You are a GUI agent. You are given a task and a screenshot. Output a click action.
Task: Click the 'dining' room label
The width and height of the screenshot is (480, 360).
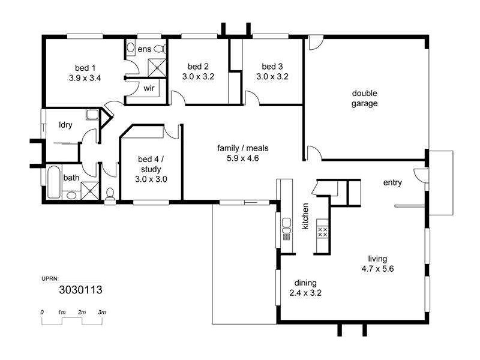(x=305, y=283)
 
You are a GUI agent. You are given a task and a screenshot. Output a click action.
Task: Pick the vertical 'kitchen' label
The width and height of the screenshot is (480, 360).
(x=305, y=217)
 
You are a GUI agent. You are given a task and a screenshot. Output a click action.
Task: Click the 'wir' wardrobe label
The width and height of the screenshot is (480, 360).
(x=149, y=89)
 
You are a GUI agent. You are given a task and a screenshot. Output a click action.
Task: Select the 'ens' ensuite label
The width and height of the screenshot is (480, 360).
(x=144, y=49)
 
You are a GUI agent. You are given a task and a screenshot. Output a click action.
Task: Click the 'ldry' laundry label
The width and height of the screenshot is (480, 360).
(x=65, y=125)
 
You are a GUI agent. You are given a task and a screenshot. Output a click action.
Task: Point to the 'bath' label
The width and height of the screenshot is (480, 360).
(x=71, y=178)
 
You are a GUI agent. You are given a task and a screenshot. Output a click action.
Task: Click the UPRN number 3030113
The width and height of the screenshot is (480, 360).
(x=80, y=290)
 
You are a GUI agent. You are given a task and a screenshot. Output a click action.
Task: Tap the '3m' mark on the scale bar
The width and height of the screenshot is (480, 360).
(x=102, y=313)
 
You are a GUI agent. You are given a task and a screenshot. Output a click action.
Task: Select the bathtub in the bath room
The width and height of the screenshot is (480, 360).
(x=53, y=183)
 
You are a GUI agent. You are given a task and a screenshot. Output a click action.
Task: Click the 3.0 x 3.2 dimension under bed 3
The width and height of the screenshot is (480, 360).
(x=272, y=77)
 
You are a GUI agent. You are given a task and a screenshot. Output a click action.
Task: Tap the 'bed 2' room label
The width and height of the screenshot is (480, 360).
(x=198, y=67)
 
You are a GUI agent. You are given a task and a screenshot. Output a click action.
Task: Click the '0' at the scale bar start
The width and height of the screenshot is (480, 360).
(x=42, y=313)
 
